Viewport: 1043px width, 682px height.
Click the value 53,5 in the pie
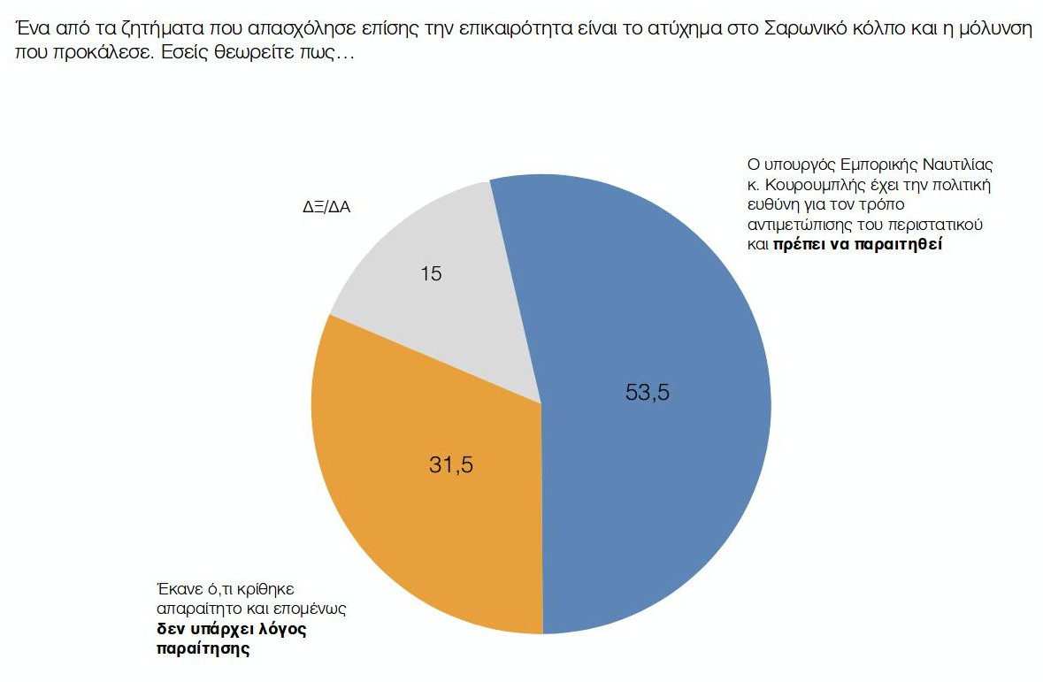click(x=648, y=393)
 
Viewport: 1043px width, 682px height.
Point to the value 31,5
click(x=451, y=464)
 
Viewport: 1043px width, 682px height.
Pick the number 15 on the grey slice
click(x=431, y=274)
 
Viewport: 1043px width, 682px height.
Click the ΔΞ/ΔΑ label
click(x=326, y=211)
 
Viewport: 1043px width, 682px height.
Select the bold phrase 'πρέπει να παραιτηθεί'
click(x=857, y=245)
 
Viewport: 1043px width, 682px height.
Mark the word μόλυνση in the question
click(x=1001, y=27)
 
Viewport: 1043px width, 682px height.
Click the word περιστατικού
click(x=938, y=225)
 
